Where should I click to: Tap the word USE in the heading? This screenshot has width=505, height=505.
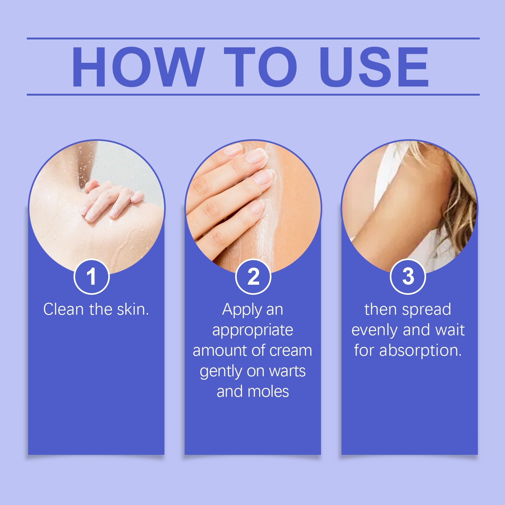coord(374,67)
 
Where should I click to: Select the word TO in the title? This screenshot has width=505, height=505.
coord(261,67)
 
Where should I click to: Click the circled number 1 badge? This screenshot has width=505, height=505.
coord(92,277)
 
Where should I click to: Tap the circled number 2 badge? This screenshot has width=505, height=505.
coord(253,277)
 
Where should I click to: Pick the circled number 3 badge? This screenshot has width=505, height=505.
coord(408,277)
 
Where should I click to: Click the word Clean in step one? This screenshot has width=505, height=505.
coord(63,309)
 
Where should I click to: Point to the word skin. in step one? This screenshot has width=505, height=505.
coord(133,309)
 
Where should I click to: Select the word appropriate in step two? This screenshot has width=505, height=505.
coord(252,330)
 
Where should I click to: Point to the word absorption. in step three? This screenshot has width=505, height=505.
coord(420,351)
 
